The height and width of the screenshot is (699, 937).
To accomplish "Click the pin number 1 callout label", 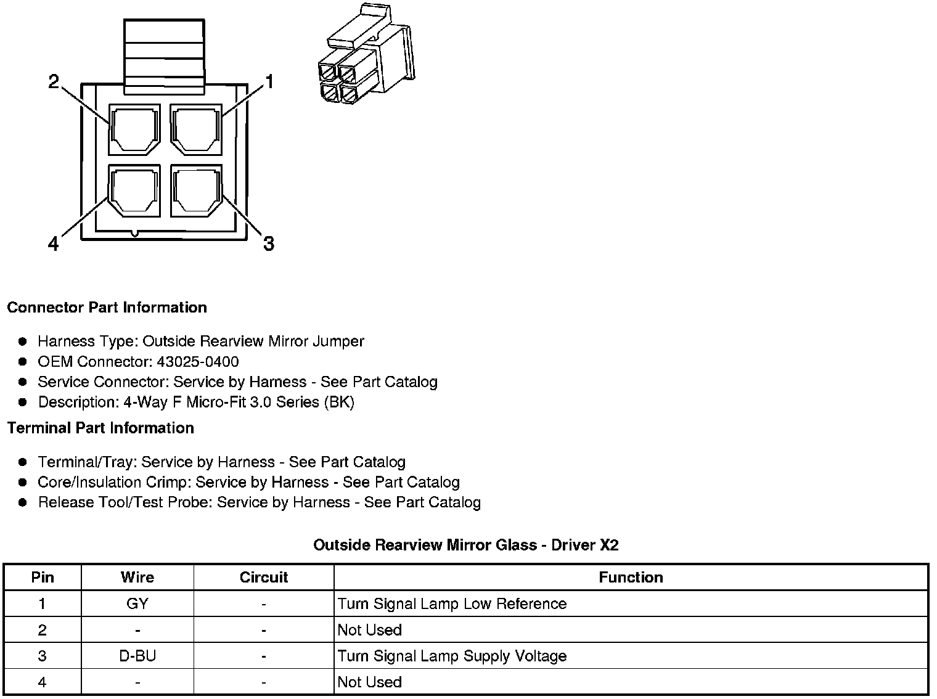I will click(x=269, y=81).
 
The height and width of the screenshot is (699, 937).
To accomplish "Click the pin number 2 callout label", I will click(x=54, y=81).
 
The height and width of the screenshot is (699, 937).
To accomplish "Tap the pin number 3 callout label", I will click(x=268, y=243).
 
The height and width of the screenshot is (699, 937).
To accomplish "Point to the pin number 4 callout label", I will click(x=54, y=245).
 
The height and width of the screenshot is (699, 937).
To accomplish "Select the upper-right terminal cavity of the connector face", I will click(x=196, y=130).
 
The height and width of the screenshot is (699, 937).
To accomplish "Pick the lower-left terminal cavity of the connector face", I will click(x=134, y=190).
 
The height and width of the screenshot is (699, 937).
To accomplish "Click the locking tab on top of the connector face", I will click(x=164, y=57).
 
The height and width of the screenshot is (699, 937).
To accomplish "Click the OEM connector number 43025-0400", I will click(x=198, y=362).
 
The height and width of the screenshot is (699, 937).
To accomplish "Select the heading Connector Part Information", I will click(x=107, y=308).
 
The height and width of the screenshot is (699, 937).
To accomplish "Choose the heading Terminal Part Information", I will click(x=100, y=428).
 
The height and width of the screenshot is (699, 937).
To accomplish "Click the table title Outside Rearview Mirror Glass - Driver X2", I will click(x=465, y=545).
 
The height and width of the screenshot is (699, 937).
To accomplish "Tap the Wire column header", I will click(x=137, y=578).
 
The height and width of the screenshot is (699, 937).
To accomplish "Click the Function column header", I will click(x=631, y=578).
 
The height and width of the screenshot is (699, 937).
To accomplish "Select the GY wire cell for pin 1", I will click(x=137, y=604).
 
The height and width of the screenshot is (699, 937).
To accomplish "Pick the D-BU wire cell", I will click(x=137, y=656).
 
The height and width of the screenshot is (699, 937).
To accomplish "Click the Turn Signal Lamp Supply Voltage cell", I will click(x=452, y=656).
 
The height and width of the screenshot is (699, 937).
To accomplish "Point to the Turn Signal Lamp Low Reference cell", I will click(x=452, y=604).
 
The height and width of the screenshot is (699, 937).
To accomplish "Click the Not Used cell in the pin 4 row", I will click(x=370, y=682).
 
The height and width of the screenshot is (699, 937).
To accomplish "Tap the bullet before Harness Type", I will click(x=23, y=341).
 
